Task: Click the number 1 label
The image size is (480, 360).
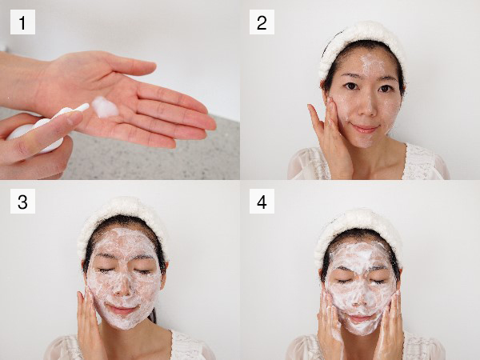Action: click(x=22, y=22)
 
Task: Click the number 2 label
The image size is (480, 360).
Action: click(x=262, y=22)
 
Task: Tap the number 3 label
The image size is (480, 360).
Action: click(x=22, y=201)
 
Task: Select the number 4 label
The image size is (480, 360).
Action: click(x=262, y=201)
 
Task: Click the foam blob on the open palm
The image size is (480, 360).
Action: click(x=105, y=107)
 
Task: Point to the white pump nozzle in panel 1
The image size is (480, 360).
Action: click(x=81, y=108)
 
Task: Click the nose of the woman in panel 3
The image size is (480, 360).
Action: click(x=122, y=286)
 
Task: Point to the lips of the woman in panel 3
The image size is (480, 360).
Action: click(x=122, y=309)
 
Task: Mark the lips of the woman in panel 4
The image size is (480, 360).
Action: click(x=360, y=318)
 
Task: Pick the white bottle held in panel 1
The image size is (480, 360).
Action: click(x=34, y=134)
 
